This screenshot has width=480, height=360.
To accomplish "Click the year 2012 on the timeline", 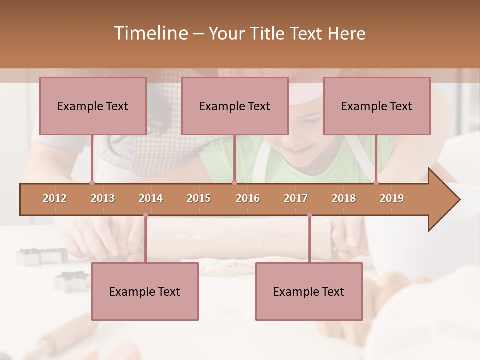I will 55,198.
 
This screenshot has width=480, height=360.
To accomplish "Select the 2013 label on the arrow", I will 103,198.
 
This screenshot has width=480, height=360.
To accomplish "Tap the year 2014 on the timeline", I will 151,198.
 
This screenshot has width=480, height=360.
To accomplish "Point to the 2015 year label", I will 199,198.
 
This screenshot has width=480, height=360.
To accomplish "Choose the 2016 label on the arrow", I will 248,198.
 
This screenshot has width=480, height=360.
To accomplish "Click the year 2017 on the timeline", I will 296,198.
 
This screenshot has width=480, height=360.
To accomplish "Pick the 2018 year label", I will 344,198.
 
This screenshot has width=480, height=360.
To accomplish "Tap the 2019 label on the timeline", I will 392,198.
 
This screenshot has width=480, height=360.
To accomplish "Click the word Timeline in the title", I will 150,33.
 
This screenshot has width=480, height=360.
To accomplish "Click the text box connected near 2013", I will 93,106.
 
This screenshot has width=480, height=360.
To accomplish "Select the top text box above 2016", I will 235,106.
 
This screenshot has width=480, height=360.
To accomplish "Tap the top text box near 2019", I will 377,106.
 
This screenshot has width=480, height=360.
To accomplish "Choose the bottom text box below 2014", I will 145,291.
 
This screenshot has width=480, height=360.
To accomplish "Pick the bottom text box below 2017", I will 309,291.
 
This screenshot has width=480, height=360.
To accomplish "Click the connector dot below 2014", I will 145,215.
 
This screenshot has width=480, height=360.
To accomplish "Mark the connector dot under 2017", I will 309,215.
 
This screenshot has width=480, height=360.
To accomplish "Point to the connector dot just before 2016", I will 234,183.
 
